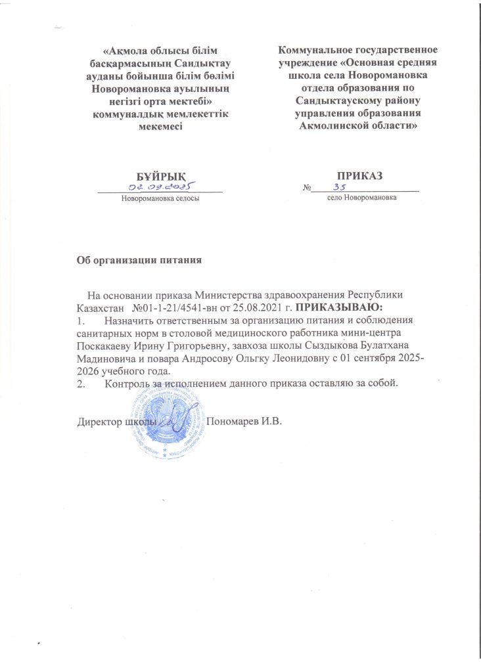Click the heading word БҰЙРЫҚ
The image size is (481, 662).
point(160,176)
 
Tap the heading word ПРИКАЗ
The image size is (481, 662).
point(360,176)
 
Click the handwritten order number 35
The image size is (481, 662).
point(340,187)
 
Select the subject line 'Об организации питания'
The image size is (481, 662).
point(139,259)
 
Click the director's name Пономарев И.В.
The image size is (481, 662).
point(244,420)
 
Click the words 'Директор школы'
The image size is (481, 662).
point(116,420)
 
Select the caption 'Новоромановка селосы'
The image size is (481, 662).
point(160,197)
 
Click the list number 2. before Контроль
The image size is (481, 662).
point(81,383)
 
